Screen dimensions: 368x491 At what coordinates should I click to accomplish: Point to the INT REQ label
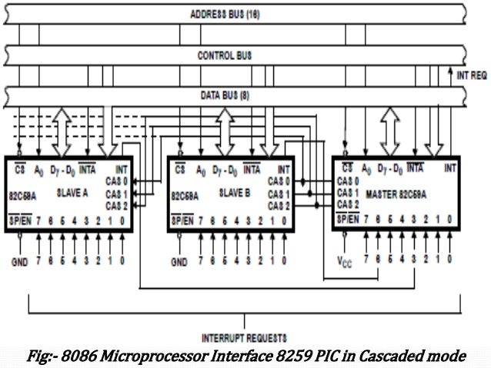pyautogui.click(x=471, y=75)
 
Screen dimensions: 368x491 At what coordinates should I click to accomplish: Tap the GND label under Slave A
pyautogui.click(x=19, y=261)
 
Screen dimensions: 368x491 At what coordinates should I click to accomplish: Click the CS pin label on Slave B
pyautogui.click(x=180, y=168)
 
